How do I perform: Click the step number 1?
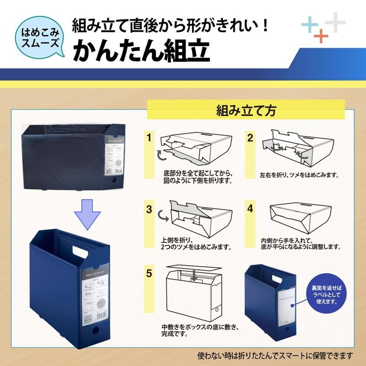click(149, 137)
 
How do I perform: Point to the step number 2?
click(250, 137)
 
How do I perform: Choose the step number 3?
click(149, 209)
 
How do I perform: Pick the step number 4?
click(250, 209)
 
